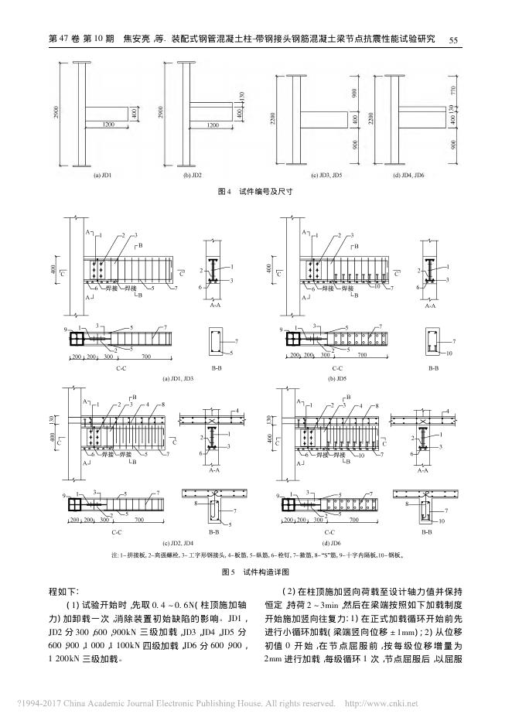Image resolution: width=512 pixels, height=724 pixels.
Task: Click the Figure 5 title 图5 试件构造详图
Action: coord(255,572)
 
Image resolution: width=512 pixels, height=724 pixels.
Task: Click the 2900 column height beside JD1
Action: coord(56,114)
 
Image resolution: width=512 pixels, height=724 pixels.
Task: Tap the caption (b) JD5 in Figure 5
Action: coord(336,380)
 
